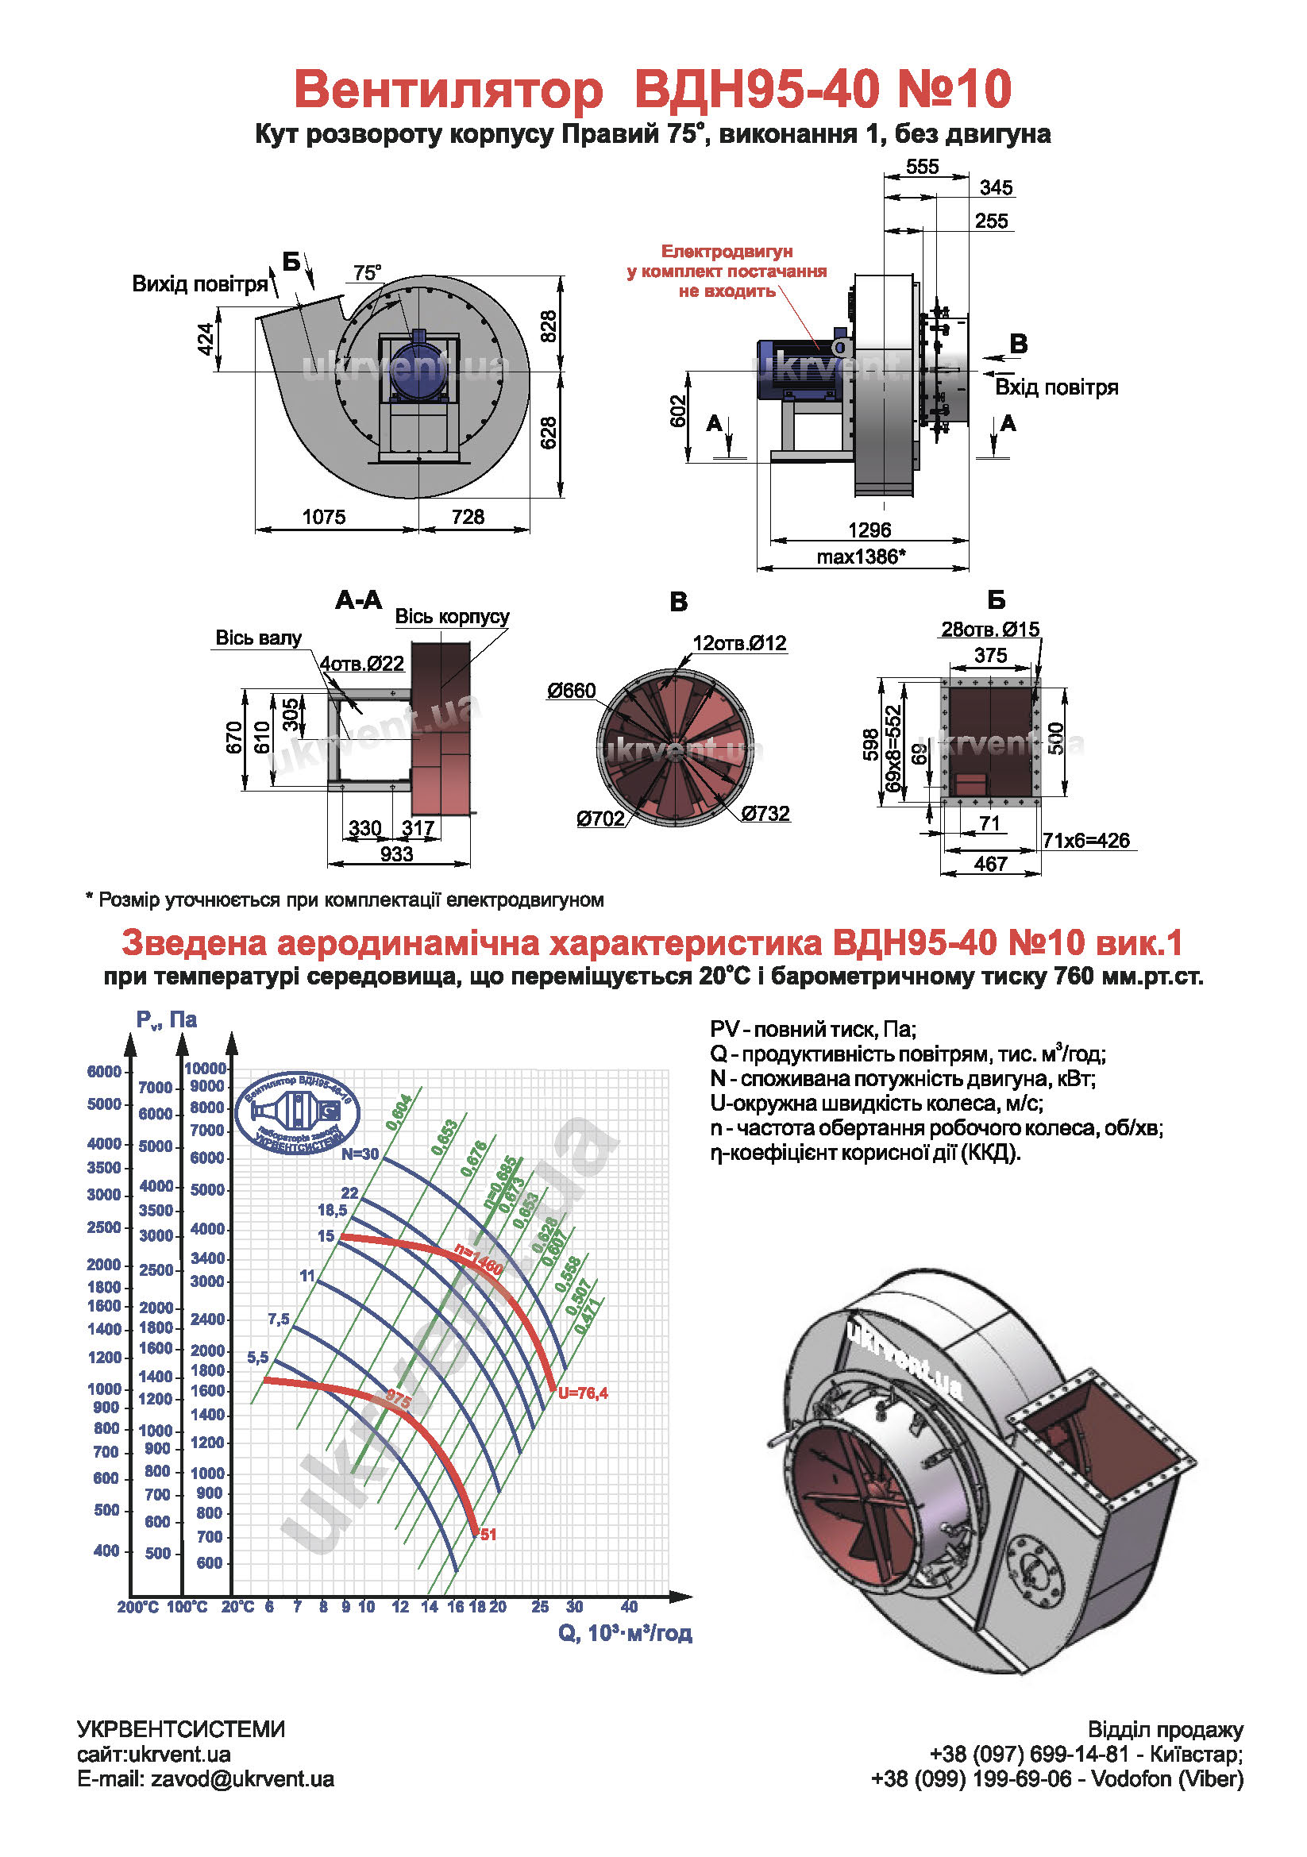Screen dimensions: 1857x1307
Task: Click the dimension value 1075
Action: [x=323, y=516]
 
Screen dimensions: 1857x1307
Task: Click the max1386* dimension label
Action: [x=861, y=557]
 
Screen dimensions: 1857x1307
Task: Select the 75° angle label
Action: [x=367, y=272]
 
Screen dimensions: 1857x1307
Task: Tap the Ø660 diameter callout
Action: [x=571, y=690]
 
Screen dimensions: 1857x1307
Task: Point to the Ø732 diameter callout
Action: [x=765, y=813]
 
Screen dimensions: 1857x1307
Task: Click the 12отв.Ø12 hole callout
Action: [x=739, y=642]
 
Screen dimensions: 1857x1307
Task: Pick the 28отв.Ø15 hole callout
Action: [x=990, y=629]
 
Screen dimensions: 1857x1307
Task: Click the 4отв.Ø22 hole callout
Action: [x=361, y=663]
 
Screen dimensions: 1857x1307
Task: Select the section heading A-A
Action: [x=358, y=599]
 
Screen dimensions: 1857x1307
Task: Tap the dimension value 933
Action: [x=396, y=854]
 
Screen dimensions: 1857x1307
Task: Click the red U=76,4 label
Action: [x=582, y=1393]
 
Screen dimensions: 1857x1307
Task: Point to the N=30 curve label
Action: [x=359, y=1154]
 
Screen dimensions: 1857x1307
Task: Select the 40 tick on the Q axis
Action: [x=629, y=1606]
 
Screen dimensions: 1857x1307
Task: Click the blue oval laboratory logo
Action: [x=297, y=1112]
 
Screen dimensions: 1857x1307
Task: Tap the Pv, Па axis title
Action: [x=167, y=1020]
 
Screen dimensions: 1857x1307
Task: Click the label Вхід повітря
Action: [x=1055, y=387]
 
